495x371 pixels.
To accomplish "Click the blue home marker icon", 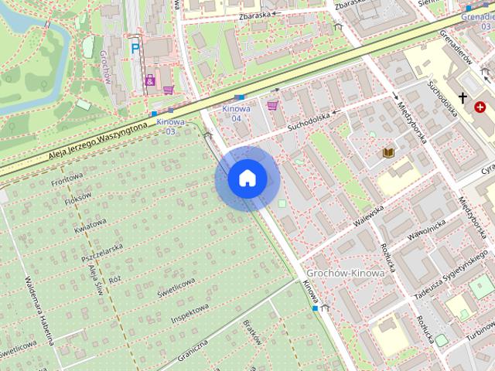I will coord(247,179).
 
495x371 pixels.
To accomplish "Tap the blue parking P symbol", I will coord(135,48).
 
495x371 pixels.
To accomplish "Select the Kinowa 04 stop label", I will coord(237,114).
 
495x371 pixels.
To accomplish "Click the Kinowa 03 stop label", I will coord(170,126).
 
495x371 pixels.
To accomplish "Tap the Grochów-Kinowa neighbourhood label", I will coord(345,274).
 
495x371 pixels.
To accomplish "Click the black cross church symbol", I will coord(463,98).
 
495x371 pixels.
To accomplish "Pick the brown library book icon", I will coord(388,153).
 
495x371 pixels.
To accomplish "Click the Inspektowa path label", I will coord(190,312).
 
